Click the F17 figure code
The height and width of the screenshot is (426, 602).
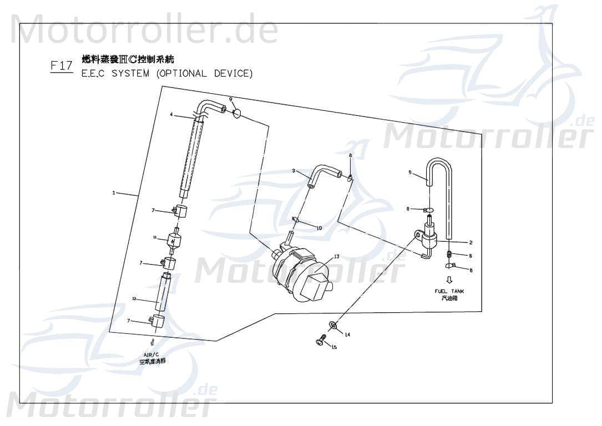pyautogui.click(x=61, y=66)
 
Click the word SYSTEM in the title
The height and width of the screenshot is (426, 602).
pyautogui.click(x=130, y=74)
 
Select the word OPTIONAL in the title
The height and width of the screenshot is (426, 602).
pyautogui.click(x=184, y=74)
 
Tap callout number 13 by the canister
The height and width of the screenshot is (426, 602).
pyautogui.click(x=336, y=257)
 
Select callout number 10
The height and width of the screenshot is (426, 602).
pyautogui.click(x=319, y=228)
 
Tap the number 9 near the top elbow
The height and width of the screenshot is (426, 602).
pyautogui.click(x=231, y=99)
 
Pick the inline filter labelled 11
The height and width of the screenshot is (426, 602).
pyautogui.click(x=174, y=241)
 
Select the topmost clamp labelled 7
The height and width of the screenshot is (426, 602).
pyautogui.click(x=180, y=211)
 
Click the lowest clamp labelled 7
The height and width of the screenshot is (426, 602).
pyautogui.click(x=158, y=320)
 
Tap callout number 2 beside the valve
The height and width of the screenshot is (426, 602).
pyautogui.click(x=471, y=242)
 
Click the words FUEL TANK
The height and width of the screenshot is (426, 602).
pyautogui.click(x=449, y=291)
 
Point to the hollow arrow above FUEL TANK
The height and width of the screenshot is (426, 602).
pyautogui.click(x=449, y=280)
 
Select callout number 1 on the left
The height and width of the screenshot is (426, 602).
pyautogui.click(x=114, y=193)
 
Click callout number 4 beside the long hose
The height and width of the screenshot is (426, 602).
pyautogui.click(x=172, y=115)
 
